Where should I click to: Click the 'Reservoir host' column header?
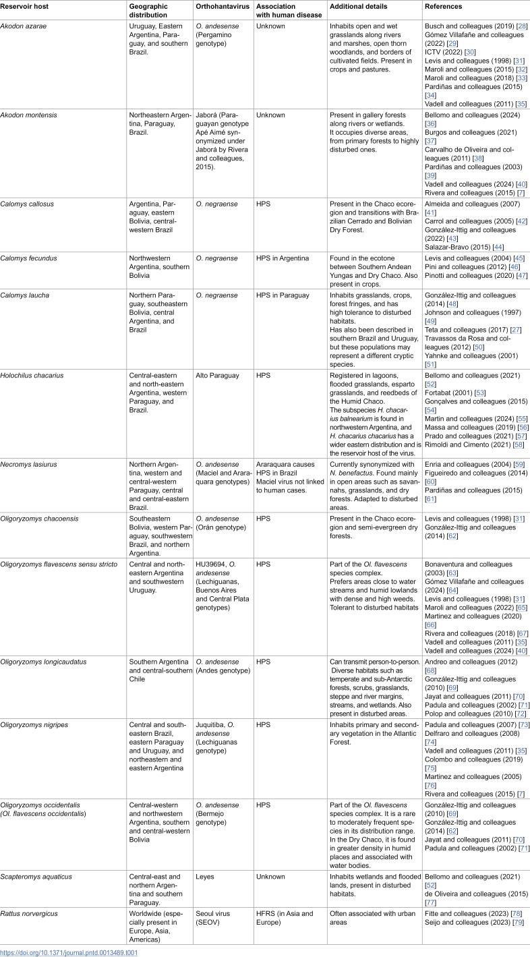click(x=26, y=6)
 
